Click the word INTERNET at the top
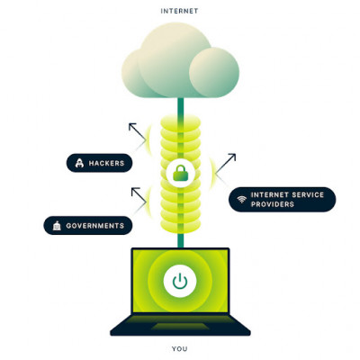click(x=179, y=11)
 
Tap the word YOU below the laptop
click(x=180, y=347)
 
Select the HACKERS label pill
click(x=101, y=163)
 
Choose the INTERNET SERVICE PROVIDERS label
click(x=282, y=199)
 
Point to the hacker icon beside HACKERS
click(x=80, y=163)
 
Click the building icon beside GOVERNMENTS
click(x=57, y=225)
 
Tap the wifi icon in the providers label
click(x=240, y=199)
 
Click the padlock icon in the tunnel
click(x=180, y=174)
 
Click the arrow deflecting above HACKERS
click(x=136, y=133)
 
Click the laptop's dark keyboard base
click(x=180, y=327)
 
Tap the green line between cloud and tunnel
click(x=180, y=106)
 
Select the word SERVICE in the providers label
click(x=305, y=193)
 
